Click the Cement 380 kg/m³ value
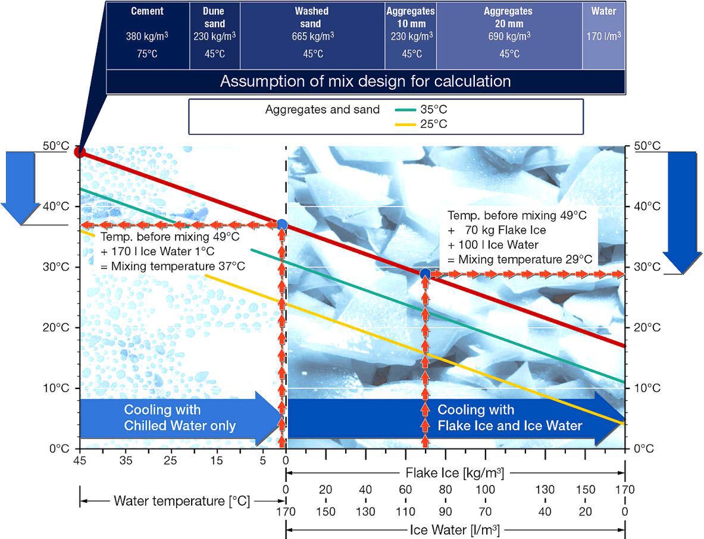[147, 36]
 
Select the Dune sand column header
[214, 17]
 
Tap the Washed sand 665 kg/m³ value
[312, 36]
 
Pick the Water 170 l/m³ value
[604, 36]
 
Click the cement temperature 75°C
[147, 54]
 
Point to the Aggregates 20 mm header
[508, 17]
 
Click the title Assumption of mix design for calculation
[365, 82]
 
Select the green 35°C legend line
[405, 110]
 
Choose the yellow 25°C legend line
[405, 124]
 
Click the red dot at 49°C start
[80, 152]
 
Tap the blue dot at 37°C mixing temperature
[282, 224]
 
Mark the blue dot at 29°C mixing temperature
[425, 274]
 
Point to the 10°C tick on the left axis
[56, 388]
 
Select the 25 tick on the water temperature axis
[170, 460]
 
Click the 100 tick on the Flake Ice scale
[486, 489]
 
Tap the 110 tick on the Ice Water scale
[405, 512]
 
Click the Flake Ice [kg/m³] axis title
[455, 472]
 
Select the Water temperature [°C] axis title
[182, 501]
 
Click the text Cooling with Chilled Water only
[180, 418]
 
